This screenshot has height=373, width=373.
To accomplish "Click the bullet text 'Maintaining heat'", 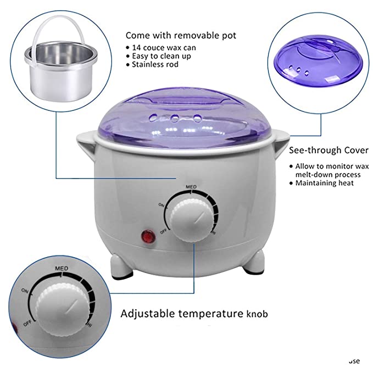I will tap(326, 183).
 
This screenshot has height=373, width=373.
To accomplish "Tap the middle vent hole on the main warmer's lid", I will tap(174, 117).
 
